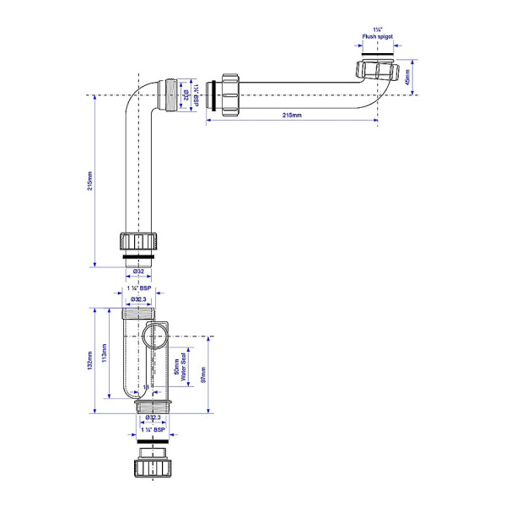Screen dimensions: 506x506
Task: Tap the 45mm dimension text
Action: coord(407,78)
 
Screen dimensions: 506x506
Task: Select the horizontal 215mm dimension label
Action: coord(289,116)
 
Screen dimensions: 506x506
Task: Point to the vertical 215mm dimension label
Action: coord(90,181)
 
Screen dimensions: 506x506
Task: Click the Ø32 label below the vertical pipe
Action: coord(137,271)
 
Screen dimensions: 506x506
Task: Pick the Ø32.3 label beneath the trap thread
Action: coord(153,417)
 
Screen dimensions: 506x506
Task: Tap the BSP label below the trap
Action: coord(153,430)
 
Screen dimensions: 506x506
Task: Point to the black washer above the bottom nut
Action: coord(153,440)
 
